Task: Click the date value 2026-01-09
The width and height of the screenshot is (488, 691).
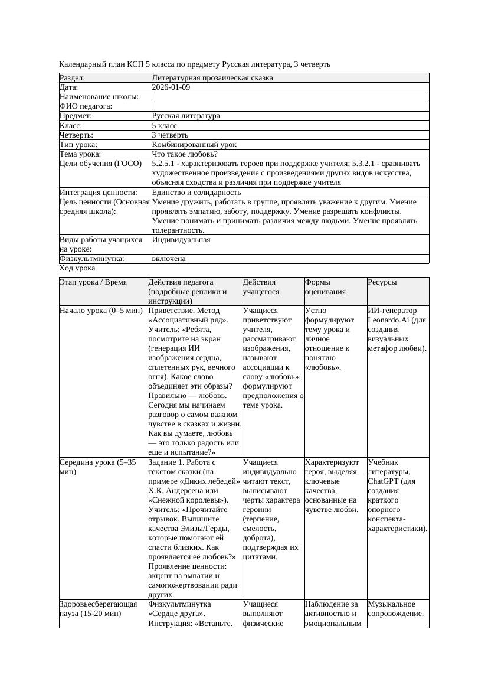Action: tap(171, 87)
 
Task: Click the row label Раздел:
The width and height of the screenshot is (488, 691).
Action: tap(72, 78)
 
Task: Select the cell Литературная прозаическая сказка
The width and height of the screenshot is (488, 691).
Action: tap(212, 78)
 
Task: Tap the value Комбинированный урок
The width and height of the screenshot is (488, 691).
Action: tap(194, 145)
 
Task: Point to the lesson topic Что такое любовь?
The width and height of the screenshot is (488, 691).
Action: tap(185, 154)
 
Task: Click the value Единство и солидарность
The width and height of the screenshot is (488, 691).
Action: tap(196, 193)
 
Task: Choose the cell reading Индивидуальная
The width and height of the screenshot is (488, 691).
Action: tap(181, 240)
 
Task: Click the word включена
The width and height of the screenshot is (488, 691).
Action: tap(169, 259)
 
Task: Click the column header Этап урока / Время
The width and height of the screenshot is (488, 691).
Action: tap(93, 283)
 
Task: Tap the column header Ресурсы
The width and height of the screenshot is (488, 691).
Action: tap(382, 283)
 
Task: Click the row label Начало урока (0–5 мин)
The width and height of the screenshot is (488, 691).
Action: tap(101, 311)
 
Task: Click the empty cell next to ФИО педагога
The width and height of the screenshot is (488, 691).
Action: tap(289, 106)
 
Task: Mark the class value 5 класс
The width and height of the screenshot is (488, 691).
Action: tap(164, 126)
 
